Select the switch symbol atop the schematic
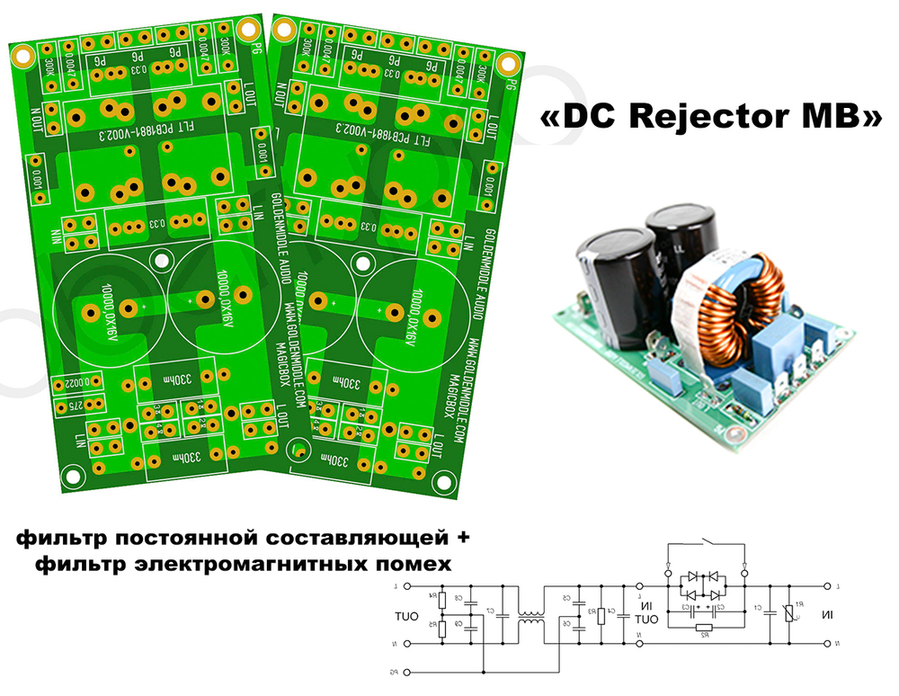[706, 545]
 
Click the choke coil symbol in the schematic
[532, 620]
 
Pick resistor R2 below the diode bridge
[706, 629]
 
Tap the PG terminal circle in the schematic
[406, 672]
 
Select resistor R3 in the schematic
[601, 615]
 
